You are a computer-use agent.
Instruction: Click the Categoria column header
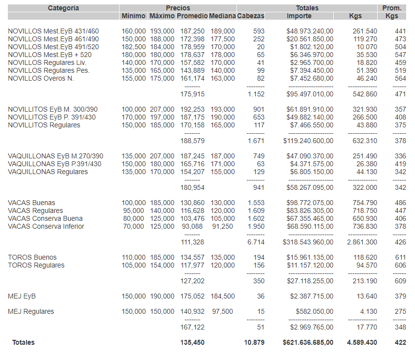click(63, 8)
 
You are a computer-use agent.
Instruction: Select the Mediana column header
click(222, 16)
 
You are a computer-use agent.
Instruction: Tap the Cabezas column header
click(251, 16)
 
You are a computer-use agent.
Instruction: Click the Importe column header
click(299, 16)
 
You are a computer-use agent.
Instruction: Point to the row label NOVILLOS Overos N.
click(41, 78)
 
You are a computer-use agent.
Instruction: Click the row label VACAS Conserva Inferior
click(46, 226)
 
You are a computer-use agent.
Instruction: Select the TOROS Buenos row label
click(32, 257)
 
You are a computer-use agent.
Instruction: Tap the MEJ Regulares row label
click(31, 311)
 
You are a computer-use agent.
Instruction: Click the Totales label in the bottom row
click(24, 342)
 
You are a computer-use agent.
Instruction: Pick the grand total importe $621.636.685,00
click(308, 342)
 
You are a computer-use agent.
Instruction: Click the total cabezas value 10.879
click(254, 342)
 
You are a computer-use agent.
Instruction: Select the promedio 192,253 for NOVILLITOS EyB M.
click(191, 109)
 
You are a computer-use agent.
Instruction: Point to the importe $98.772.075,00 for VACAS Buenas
click(310, 203)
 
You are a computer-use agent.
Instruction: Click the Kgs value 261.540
click(365, 31)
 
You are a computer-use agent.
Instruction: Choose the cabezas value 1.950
click(256, 226)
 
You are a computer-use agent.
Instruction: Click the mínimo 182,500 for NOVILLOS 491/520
click(134, 47)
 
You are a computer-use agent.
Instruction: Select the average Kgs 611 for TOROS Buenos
click(400, 257)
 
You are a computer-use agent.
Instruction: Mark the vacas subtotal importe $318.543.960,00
click(308, 242)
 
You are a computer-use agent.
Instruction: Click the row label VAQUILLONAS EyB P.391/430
click(55, 164)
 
